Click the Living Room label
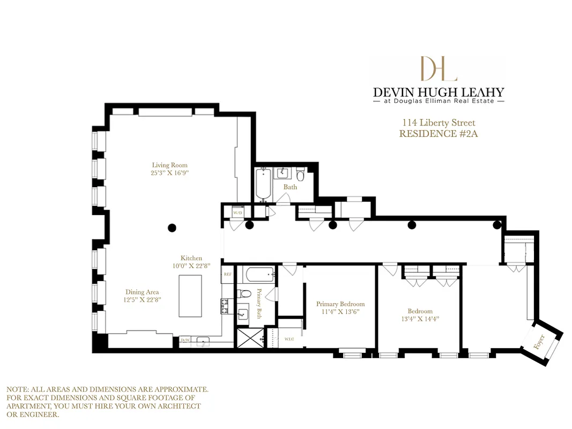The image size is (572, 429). (x=169, y=165)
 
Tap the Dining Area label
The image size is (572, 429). (x=142, y=292)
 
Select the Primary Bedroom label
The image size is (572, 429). (x=340, y=304)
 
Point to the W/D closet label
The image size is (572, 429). (x=237, y=212)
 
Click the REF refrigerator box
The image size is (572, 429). (x=227, y=273)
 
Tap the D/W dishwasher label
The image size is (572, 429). (x=185, y=340)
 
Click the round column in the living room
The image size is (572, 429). (x=172, y=227)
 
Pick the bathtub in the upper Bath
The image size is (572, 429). (x=263, y=184)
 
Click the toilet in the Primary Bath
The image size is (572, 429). (x=244, y=294)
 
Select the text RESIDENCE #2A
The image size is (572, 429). (x=438, y=134)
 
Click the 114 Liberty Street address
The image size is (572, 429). (x=438, y=123)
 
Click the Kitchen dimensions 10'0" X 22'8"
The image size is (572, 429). (x=191, y=265)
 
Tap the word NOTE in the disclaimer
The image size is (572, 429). (x=17, y=389)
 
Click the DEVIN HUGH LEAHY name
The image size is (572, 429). (x=438, y=92)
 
